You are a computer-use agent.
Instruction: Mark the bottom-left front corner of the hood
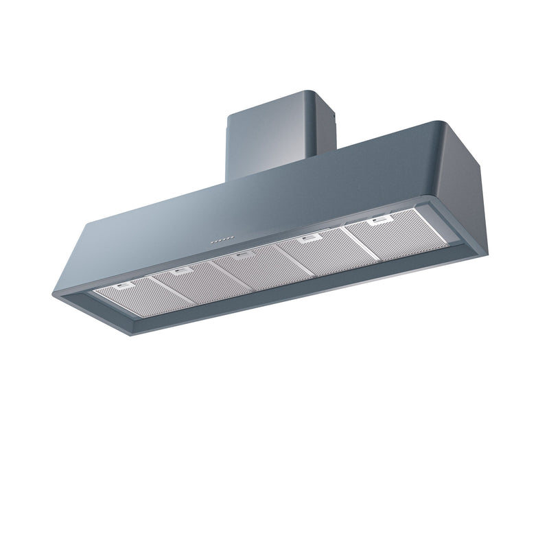pos(55,294)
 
